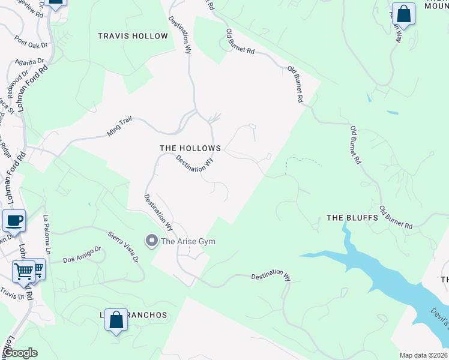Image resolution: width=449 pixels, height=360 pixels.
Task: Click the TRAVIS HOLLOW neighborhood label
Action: point(133,36)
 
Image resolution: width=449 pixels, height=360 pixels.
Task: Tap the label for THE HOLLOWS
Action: point(190,148)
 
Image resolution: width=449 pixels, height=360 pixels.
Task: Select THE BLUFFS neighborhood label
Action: point(352,218)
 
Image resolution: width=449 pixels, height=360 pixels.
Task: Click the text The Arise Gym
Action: point(188,241)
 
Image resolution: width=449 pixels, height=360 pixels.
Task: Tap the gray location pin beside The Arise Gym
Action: point(152,241)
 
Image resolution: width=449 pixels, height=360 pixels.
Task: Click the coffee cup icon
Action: point(14,220)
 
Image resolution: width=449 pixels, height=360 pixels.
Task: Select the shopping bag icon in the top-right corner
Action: point(405,16)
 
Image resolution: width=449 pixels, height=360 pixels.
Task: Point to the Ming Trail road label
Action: point(119,127)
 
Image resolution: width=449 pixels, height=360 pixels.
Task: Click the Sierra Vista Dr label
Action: point(123,247)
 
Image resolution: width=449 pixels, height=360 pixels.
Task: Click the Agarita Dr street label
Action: point(31,61)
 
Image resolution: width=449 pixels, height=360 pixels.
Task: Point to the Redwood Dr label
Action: point(17,80)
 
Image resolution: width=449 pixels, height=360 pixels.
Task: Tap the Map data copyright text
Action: point(423,355)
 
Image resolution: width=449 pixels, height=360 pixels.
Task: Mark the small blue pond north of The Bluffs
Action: point(393,113)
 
